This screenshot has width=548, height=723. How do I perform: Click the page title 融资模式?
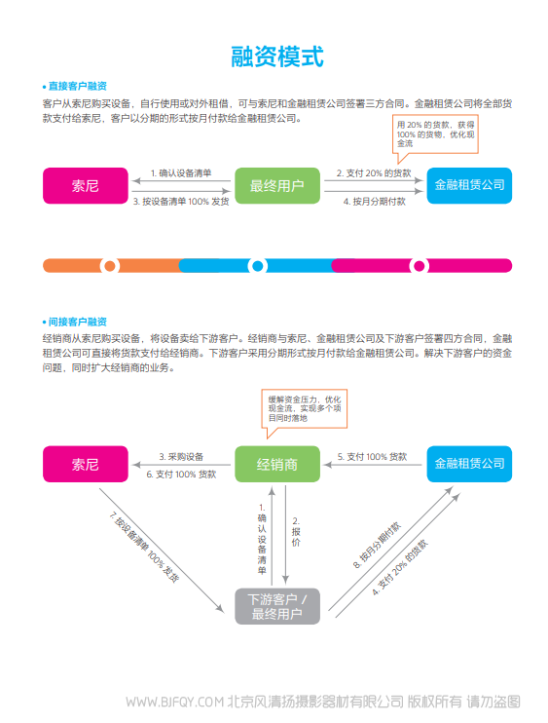click(x=277, y=57)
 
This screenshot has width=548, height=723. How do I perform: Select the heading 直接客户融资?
click(x=77, y=86)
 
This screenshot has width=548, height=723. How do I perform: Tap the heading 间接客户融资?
click(x=77, y=322)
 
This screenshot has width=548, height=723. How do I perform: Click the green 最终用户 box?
click(x=277, y=185)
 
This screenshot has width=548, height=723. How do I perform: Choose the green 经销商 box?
click(x=277, y=464)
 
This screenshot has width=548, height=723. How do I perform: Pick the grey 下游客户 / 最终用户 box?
click(x=277, y=606)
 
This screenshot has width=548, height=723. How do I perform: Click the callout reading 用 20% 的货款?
click(x=435, y=134)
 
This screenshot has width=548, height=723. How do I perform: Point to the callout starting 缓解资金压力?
click(x=305, y=409)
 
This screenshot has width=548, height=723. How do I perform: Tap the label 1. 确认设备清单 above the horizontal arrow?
click(x=181, y=172)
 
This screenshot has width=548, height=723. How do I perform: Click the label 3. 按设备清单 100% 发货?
click(x=181, y=202)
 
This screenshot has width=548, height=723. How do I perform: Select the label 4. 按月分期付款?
click(x=375, y=202)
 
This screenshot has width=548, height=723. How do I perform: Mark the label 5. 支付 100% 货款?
click(x=372, y=456)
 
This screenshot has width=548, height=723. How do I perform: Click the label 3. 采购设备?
click(x=181, y=456)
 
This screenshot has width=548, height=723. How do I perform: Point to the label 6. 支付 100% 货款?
click(x=181, y=474)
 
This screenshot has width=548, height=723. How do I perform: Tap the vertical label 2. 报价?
click(x=296, y=532)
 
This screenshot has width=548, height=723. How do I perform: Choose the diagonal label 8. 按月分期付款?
click(x=377, y=545)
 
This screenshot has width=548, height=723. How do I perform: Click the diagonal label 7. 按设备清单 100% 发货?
click(x=144, y=548)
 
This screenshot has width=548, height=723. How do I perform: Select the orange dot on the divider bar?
click(x=110, y=266)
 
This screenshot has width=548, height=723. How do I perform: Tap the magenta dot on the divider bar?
click(x=420, y=266)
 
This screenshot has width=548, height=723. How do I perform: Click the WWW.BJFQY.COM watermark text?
click(x=174, y=702)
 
